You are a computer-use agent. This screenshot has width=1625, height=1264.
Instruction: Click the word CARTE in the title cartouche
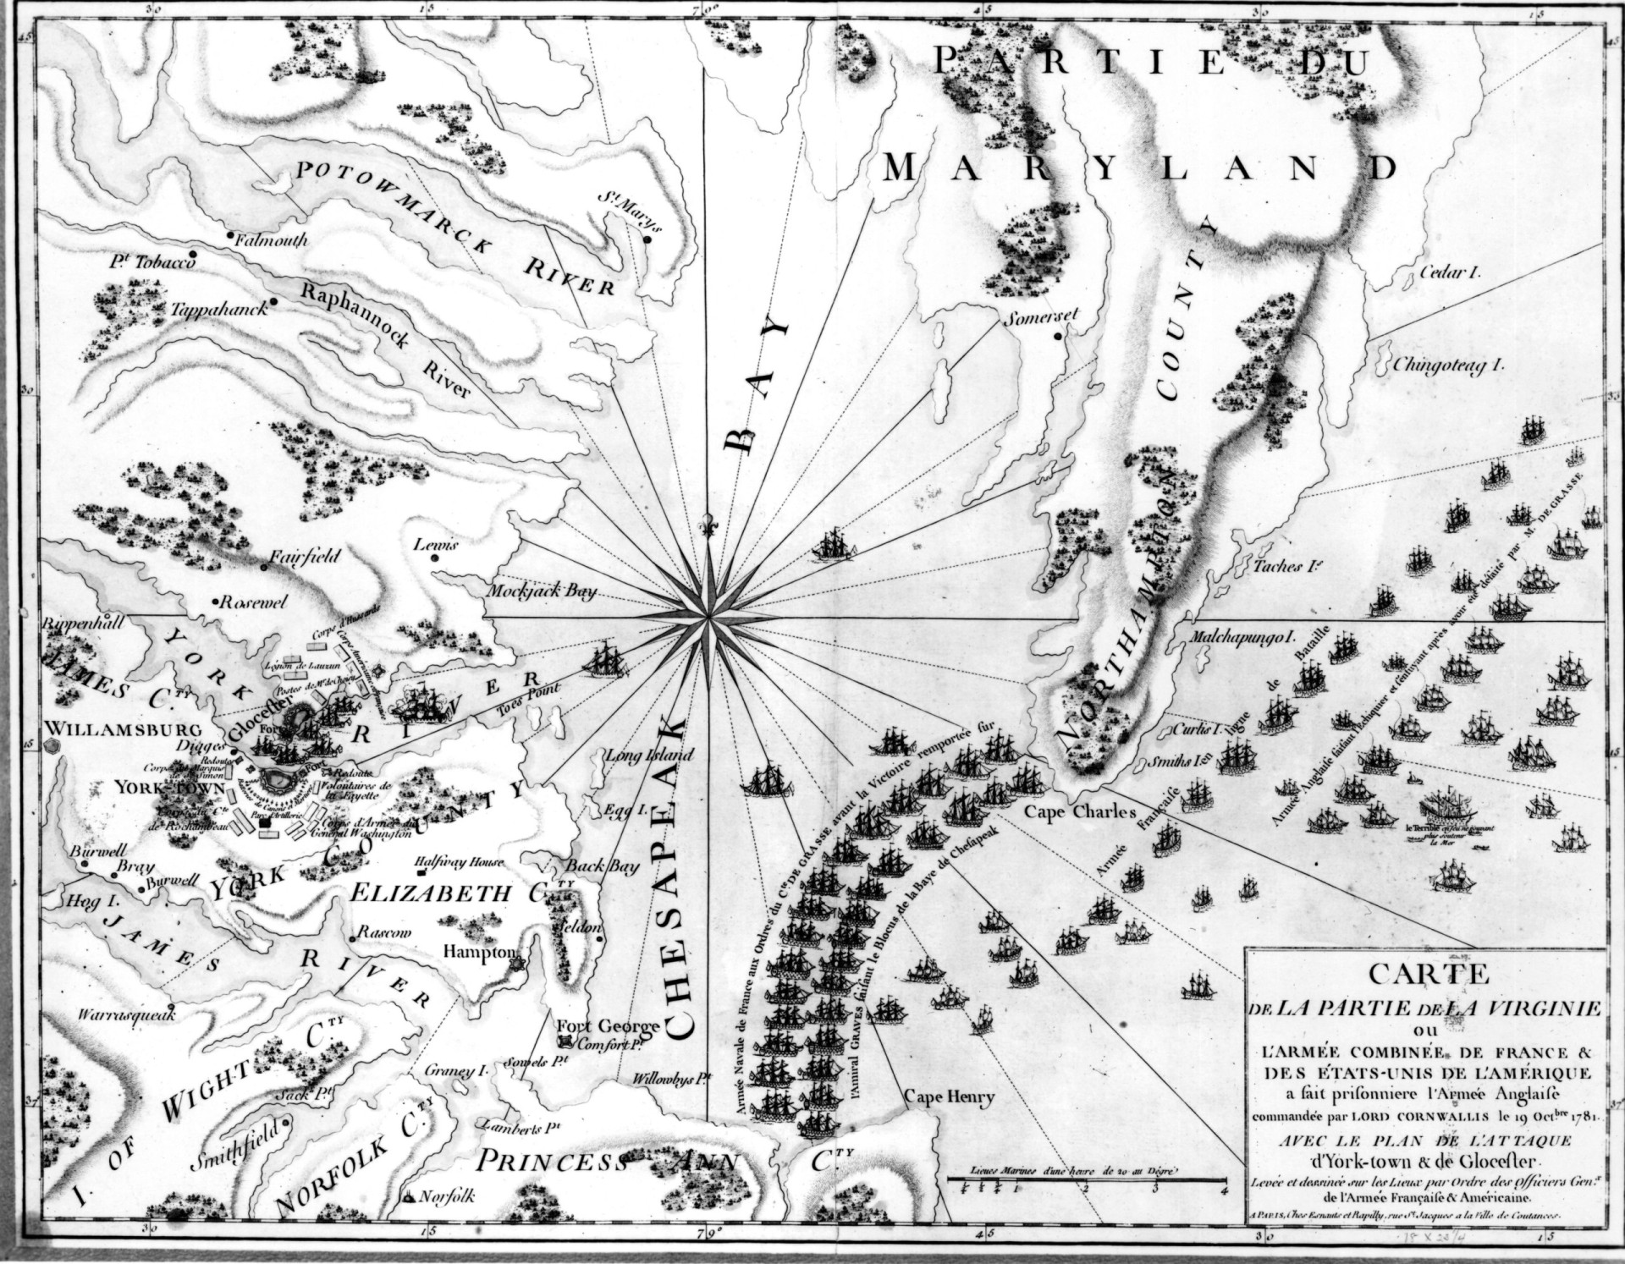[x=1428, y=974]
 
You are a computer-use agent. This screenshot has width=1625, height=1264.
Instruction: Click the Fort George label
[x=607, y=1027]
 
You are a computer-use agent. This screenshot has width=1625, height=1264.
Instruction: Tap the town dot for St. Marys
[x=647, y=239]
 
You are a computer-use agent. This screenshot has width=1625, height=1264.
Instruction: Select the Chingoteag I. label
[x=1451, y=366]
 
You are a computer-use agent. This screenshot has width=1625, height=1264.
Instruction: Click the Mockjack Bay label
[x=541, y=592]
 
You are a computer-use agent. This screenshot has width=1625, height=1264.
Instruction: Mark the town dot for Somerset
[x=1058, y=337]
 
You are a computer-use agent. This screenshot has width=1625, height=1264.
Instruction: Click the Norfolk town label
[x=447, y=1197]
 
